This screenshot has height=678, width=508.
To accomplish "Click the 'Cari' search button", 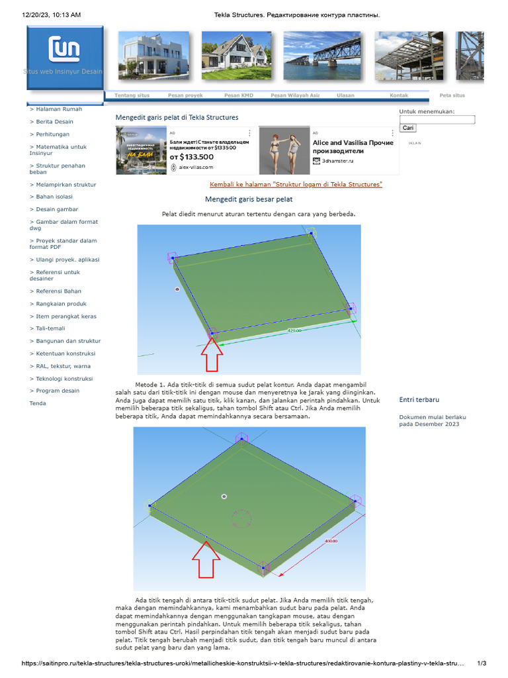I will pyautogui.click(x=408, y=128).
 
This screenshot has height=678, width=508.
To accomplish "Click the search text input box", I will pyautogui.click(x=437, y=120).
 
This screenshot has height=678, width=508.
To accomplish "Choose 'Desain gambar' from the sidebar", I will pyautogui.click(x=57, y=209).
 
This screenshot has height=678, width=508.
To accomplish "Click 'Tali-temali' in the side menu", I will pyautogui.click(x=50, y=328).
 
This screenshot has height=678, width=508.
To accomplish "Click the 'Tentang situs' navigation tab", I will pyautogui.click(x=132, y=95).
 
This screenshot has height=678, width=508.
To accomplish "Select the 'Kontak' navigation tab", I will pyautogui.click(x=399, y=95).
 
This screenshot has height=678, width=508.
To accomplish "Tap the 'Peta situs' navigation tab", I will pyautogui.click(x=452, y=95).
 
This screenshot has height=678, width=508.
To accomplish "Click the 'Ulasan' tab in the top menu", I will pyautogui.click(x=345, y=95).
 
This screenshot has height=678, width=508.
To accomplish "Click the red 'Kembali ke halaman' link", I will pyautogui.click(x=296, y=184).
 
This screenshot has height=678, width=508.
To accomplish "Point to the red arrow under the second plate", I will pyautogui.click(x=206, y=563).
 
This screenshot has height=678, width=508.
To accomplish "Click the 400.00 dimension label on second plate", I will pyautogui.click(x=331, y=541).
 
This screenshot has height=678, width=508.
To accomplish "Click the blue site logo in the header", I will pyautogui.click(x=65, y=57).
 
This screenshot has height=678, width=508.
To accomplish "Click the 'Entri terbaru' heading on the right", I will pyautogui.click(x=419, y=400).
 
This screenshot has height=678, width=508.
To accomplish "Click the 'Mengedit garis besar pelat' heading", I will pyautogui.click(x=249, y=199).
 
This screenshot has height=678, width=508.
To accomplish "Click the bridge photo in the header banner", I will pyautogui.click(x=322, y=56).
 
